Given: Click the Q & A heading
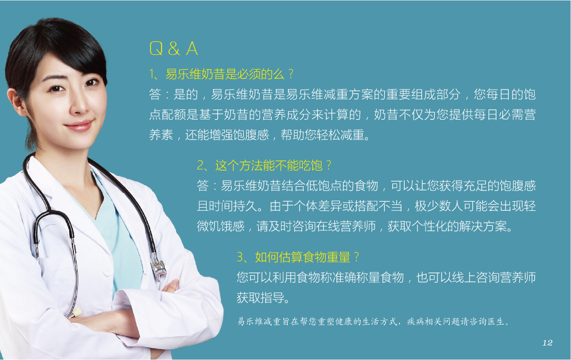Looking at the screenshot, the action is point(174,48).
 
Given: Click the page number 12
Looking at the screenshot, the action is point(547,342).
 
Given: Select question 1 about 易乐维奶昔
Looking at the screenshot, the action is point(221,74).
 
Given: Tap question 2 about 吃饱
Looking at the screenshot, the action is point(264,166).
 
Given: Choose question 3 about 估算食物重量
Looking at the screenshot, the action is point(298,258).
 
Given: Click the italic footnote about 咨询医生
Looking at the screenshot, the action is point(374,321).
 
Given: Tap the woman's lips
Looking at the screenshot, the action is point(79,126).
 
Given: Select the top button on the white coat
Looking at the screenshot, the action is point(107,271).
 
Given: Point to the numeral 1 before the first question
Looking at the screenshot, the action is point(152,74).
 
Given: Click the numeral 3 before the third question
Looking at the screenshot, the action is point(240,258).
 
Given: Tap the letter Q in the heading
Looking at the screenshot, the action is point(156,49).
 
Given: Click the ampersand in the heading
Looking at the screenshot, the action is point(174,49).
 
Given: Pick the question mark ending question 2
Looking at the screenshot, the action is point(328,165).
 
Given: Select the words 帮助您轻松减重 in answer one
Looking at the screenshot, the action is point(323,135).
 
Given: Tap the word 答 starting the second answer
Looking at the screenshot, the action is point(202,186).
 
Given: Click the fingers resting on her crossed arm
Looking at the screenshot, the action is point(171,286).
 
